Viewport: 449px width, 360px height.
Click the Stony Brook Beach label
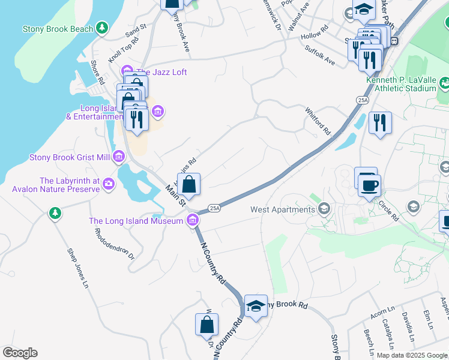click(58, 29)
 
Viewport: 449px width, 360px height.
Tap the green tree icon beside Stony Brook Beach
click(103, 28)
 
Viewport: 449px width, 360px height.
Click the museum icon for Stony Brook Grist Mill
click(118, 158)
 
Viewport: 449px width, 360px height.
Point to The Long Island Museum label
click(136, 221)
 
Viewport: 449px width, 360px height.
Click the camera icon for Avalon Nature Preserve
click(109, 182)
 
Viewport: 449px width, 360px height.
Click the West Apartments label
click(283, 210)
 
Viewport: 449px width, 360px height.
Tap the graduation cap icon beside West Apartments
click(324, 209)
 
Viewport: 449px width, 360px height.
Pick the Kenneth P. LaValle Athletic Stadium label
click(401, 84)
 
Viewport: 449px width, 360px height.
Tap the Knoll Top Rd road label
click(124, 50)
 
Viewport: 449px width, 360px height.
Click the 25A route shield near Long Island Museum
click(215, 208)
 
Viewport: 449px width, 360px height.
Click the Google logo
click(20, 353)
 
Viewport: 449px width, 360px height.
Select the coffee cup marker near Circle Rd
click(369, 185)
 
